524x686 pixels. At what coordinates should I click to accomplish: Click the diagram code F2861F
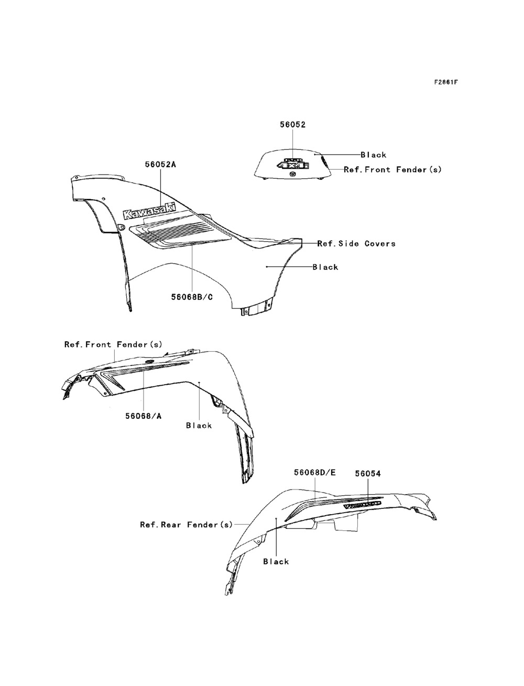click(445, 82)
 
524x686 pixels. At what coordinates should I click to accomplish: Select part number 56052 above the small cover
click(292, 125)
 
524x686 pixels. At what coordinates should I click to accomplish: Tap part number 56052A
click(160, 164)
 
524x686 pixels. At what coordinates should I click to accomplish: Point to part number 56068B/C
click(192, 297)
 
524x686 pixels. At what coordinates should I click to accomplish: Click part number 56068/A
click(143, 416)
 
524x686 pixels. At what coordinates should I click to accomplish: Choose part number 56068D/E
click(314, 472)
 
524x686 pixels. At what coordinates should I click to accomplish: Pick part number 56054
click(367, 473)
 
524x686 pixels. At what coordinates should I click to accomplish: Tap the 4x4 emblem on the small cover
click(293, 164)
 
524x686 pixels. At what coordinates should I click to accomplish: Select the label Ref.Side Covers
click(356, 243)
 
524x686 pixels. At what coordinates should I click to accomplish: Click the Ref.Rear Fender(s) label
click(186, 524)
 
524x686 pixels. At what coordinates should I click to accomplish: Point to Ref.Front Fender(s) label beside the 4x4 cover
click(392, 170)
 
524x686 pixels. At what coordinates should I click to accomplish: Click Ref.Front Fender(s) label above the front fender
click(113, 344)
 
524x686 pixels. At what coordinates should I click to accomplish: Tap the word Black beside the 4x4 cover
click(373, 155)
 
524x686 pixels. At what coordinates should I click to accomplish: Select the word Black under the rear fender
click(276, 561)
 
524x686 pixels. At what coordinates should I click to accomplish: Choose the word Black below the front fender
click(199, 426)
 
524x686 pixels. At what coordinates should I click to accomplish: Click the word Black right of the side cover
click(325, 267)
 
